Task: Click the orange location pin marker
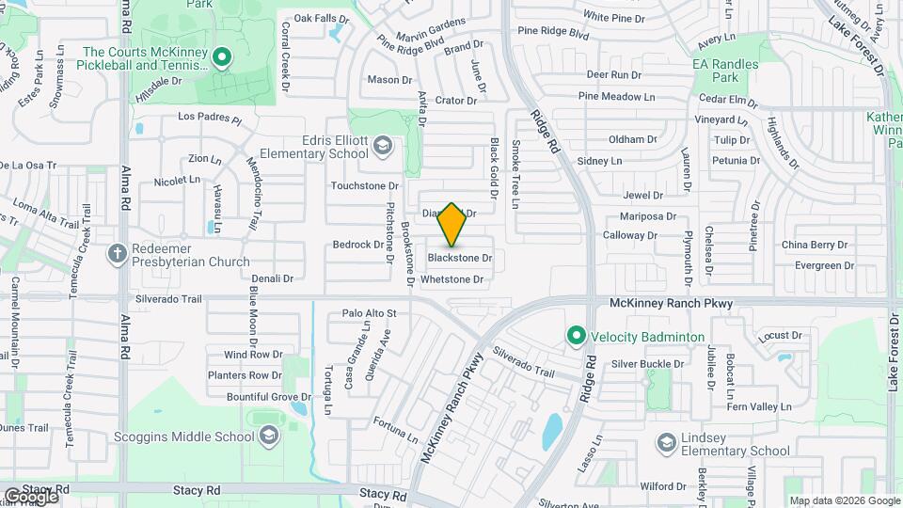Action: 452,225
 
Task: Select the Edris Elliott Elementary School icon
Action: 383,145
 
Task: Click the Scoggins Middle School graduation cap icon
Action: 269,436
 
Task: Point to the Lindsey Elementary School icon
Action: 666,442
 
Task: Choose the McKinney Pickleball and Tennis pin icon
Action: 222,58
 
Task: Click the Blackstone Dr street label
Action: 460,258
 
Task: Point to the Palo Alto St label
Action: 370,313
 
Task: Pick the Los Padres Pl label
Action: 210,119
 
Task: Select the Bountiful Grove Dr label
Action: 269,397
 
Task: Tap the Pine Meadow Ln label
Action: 616,96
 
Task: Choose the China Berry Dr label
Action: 815,245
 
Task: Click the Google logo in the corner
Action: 31,496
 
